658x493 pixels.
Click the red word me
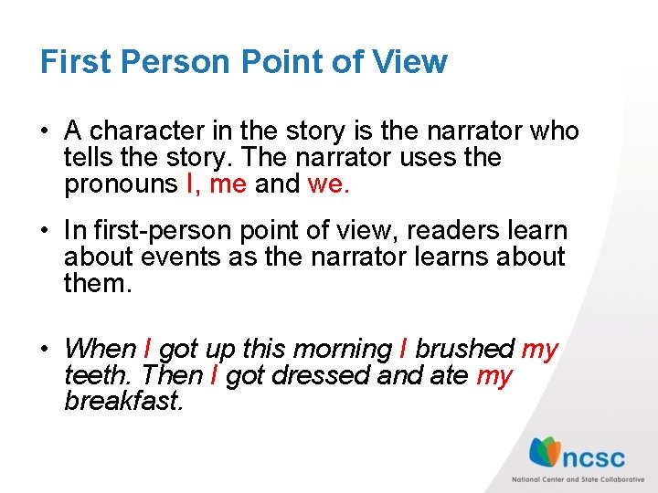[x=228, y=184]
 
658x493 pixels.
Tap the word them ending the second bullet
[x=98, y=284]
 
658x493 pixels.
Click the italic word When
[x=101, y=349]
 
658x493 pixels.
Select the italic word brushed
[x=464, y=349]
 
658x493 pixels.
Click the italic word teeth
[x=93, y=375]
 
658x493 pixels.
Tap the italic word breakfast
[x=123, y=402]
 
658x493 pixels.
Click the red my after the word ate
[x=494, y=375]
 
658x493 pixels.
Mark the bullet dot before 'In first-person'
[x=46, y=232]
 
